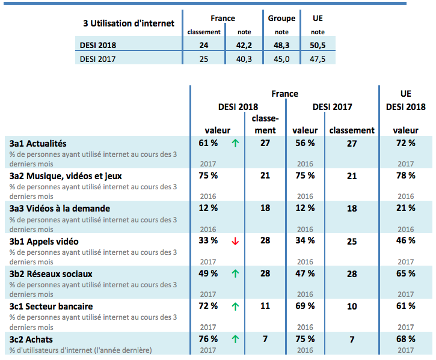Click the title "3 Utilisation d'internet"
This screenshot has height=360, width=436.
point(129,23)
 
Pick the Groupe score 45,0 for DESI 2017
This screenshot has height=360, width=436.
point(281,59)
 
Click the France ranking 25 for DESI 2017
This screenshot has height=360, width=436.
point(204,59)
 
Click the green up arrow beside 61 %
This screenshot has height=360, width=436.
point(235,143)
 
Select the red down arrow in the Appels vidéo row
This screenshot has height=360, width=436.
point(235,242)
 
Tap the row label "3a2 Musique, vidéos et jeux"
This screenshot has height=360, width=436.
point(66,176)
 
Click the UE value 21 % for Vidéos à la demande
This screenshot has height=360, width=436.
point(405,209)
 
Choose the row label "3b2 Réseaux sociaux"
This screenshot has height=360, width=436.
point(52,274)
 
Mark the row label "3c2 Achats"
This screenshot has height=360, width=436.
point(32,339)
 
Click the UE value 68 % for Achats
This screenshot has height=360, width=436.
point(405,339)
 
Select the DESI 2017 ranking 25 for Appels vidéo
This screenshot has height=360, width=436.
point(352,242)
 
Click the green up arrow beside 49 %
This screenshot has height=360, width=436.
point(235,274)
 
